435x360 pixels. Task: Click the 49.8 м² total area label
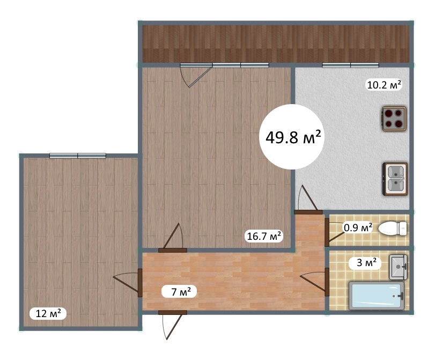pyautogui.click(x=293, y=137)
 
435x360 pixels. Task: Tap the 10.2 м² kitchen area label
pyautogui.click(x=384, y=84)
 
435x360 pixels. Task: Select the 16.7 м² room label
pyautogui.click(x=264, y=236)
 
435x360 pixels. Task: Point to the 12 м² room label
pyautogui.click(x=48, y=314)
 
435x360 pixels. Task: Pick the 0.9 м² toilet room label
pyautogui.click(x=358, y=227)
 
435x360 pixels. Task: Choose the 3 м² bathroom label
pyautogui.click(x=366, y=262)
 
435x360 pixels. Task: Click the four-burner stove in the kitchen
pyautogui.click(x=394, y=119)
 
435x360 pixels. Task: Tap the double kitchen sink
pyautogui.click(x=395, y=179)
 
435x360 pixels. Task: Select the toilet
pyautogui.click(x=393, y=229)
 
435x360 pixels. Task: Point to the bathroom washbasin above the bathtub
pyautogui.click(x=399, y=267)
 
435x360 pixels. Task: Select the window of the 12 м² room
pyautogui.click(x=78, y=156)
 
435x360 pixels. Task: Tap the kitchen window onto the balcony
pyautogui.click(x=350, y=65)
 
